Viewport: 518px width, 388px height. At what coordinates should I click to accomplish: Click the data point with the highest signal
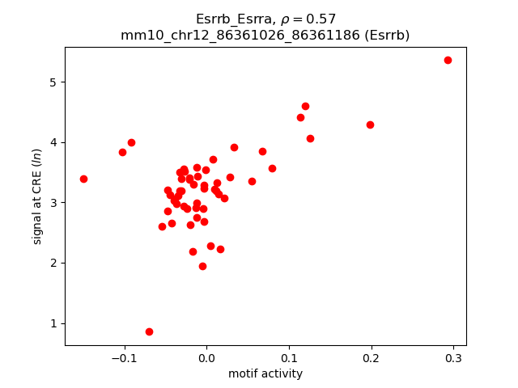click(448, 60)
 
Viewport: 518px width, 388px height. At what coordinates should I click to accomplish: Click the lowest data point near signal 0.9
click(149, 331)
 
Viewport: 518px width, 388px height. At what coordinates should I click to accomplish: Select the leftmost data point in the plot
click(83, 179)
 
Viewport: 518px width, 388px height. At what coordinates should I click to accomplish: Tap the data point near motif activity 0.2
click(370, 124)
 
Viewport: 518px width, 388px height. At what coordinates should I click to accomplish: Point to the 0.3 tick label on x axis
click(453, 358)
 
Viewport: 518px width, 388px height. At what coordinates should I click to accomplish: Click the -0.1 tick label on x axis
click(121, 358)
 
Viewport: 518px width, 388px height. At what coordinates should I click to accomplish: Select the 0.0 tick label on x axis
click(206, 358)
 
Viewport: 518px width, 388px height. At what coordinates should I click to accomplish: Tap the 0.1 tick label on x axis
click(289, 358)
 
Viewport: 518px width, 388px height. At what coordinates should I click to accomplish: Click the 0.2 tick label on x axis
click(372, 358)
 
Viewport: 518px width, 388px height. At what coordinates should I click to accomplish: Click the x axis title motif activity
click(265, 373)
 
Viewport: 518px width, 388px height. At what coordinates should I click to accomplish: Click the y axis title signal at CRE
click(37, 196)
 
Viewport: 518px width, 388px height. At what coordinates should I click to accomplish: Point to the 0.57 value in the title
click(322, 19)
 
